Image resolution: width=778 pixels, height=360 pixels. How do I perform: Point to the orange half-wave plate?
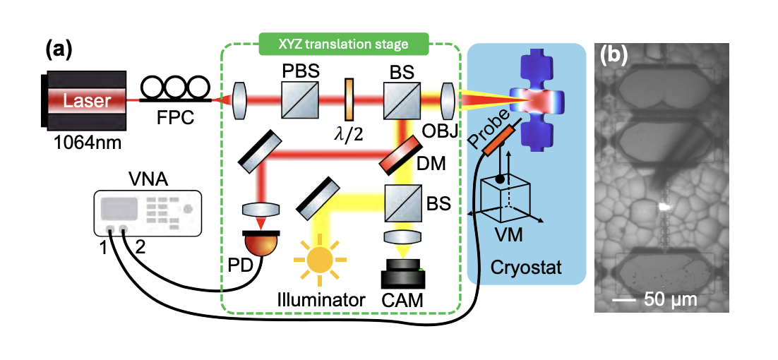[348, 100]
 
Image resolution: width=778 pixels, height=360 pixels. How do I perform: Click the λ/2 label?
[347, 133]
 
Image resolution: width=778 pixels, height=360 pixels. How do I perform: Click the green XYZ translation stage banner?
[345, 44]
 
